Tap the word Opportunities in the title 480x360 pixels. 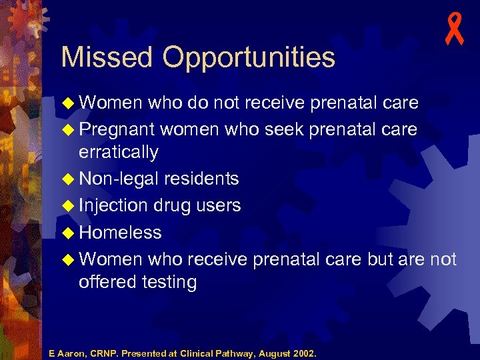pyautogui.click(x=249, y=59)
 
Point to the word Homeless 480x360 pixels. pyautogui.click(x=120, y=233)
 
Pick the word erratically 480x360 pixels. pyautogui.click(x=119, y=153)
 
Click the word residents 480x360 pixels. pyautogui.click(x=201, y=179)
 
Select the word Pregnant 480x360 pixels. pyautogui.click(x=117, y=129)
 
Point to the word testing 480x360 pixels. pyautogui.click(x=169, y=283)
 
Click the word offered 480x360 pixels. pyautogui.click(x=107, y=282)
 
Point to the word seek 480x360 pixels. pyautogui.click(x=283, y=129)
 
